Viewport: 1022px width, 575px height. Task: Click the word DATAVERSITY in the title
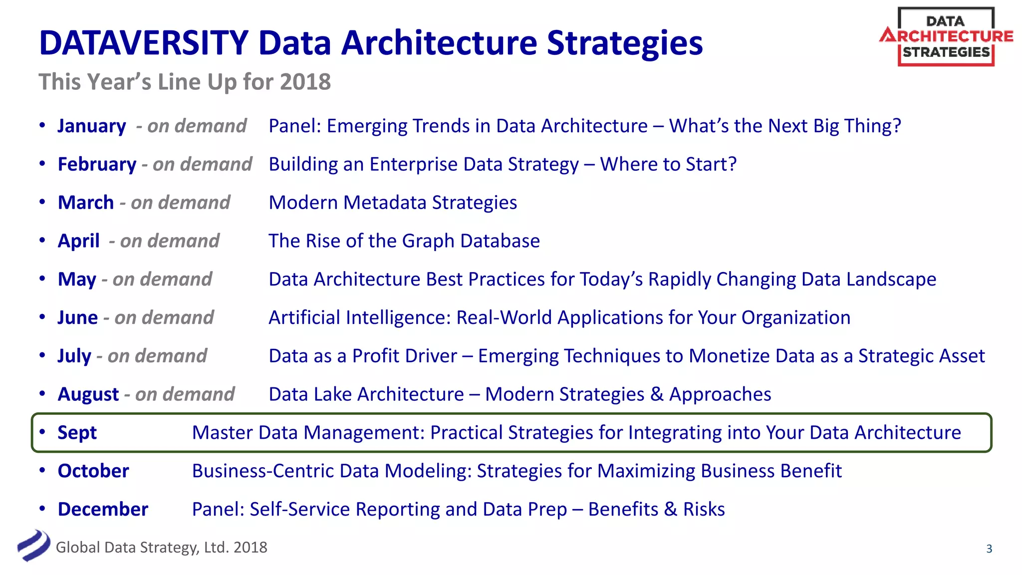(x=144, y=43)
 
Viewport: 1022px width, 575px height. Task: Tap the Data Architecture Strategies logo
(x=946, y=36)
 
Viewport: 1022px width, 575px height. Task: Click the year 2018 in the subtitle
(x=305, y=82)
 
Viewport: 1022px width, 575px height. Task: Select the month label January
(x=92, y=126)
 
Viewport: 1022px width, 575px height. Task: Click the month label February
(x=97, y=165)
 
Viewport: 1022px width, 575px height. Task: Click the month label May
(x=77, y=280)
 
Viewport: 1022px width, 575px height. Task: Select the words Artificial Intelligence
(x=359, y=318)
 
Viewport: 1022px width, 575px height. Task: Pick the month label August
(x=88, y=395)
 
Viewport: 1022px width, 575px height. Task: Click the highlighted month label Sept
(x=77, y=433)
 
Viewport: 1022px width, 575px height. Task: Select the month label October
(x=93, y=471)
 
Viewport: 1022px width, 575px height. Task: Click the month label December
(x=103, y=510)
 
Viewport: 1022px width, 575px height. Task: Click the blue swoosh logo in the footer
(x=33, y=546)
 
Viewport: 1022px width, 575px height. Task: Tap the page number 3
(x=989, y=549)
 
